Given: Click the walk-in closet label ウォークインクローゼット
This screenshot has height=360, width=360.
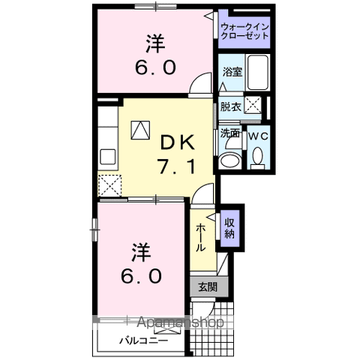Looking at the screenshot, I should click(244, 33).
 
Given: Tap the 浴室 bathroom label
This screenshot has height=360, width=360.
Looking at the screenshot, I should click(231, 73).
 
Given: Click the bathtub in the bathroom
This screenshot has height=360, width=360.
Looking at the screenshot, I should click(256, 73).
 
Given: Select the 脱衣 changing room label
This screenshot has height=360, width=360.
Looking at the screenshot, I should click(231, 106).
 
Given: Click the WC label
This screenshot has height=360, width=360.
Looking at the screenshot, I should click(258, 136).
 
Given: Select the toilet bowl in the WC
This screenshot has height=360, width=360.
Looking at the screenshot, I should click(257, 158).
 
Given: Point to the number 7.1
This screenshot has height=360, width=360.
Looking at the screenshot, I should click(178, 166).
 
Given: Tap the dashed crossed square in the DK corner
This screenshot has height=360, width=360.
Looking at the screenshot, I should click(110, 184).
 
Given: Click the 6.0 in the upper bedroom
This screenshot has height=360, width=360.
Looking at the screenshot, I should click(157, 67).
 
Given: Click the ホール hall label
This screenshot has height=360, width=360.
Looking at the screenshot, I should click(201, 238).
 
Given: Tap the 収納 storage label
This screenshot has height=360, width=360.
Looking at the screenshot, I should click(229, 227).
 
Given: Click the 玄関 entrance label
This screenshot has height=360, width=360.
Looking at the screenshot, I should click(208, 286).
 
